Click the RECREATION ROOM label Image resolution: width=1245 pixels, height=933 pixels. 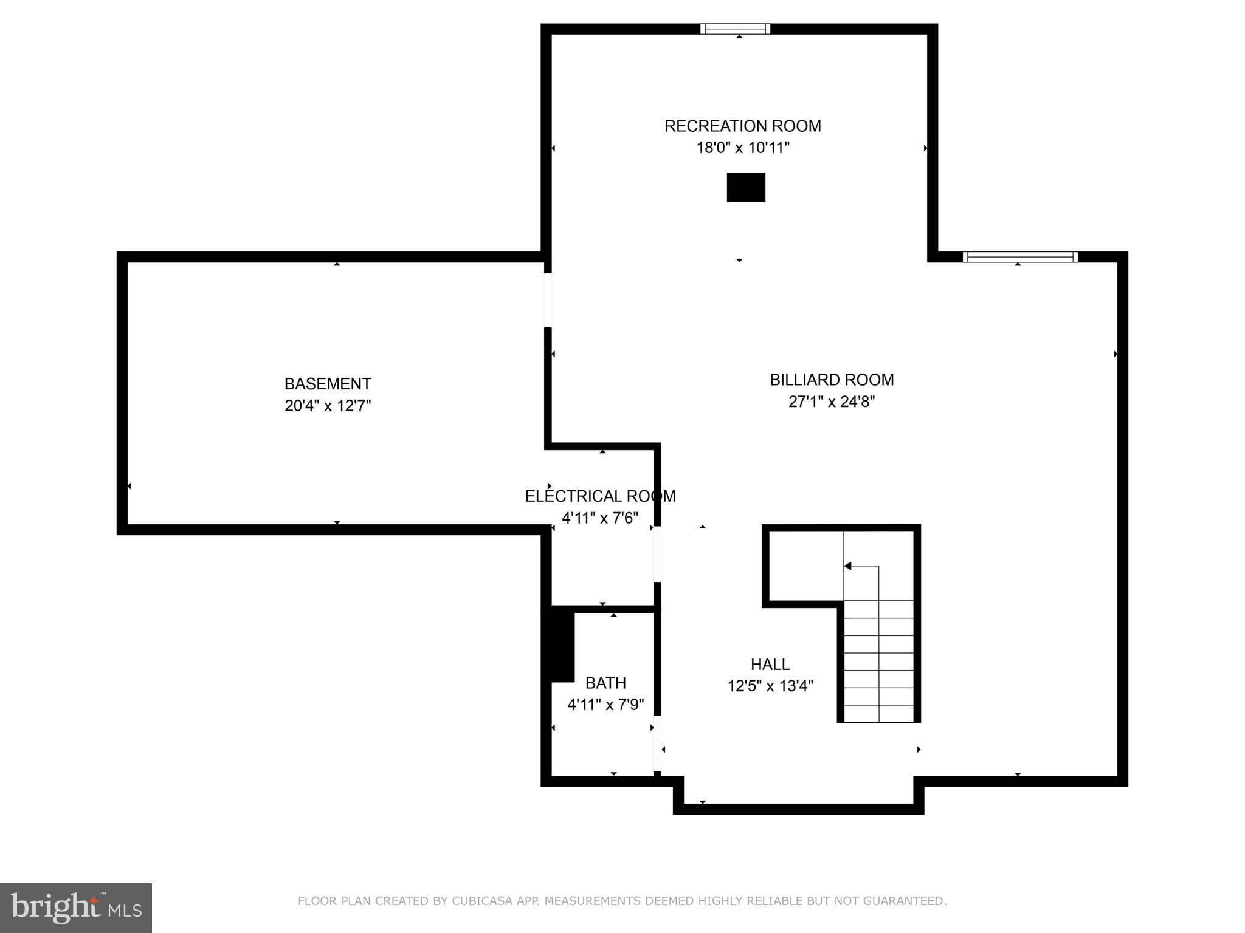742,126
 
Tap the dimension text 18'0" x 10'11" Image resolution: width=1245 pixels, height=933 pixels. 742,148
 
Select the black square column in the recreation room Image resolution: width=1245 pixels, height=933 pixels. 746,187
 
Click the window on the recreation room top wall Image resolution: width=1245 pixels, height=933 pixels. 735,29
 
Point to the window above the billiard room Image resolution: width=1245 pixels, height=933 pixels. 1020,257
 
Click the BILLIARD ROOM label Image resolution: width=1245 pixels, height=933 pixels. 832,380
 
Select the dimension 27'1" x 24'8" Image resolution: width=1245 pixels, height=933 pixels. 832,402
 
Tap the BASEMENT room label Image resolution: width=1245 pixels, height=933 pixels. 328,384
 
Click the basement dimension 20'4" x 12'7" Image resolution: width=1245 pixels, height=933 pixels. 328,406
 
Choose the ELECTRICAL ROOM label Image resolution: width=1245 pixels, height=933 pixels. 600,496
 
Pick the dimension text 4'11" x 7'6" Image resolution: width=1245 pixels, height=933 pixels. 600,518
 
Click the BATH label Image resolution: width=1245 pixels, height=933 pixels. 605,683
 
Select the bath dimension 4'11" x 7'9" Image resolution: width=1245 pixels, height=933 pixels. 605,705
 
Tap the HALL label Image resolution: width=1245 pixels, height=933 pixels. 770,665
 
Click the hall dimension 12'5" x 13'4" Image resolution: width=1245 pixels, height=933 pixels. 770,686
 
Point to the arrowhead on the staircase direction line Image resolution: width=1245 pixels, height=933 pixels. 847,566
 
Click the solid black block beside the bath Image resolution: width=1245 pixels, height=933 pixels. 562,647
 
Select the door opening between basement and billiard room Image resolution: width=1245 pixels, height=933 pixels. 548,300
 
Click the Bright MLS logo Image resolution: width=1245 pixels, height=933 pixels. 76,908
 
